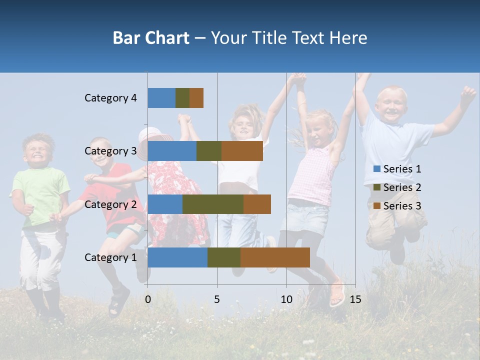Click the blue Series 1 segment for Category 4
(161, 98)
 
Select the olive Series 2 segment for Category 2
(213, 204)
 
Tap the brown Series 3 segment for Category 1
(275, 257)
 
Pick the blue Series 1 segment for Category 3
(172, 151)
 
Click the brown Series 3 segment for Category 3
(242, 151)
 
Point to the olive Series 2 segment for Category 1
(224, 257)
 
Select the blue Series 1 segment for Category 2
(165, 204)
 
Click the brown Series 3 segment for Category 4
(196, 98)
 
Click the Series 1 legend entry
(397, 169)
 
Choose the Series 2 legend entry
(397, 187)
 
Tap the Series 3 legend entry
(397, 206)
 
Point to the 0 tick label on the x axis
(147, 299)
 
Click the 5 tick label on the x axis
(217, 299)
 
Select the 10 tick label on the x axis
(286, 299)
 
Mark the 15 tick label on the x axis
(355, 299)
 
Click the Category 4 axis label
(110, 98)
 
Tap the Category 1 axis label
(110, 257)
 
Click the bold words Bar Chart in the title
(151, 38)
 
